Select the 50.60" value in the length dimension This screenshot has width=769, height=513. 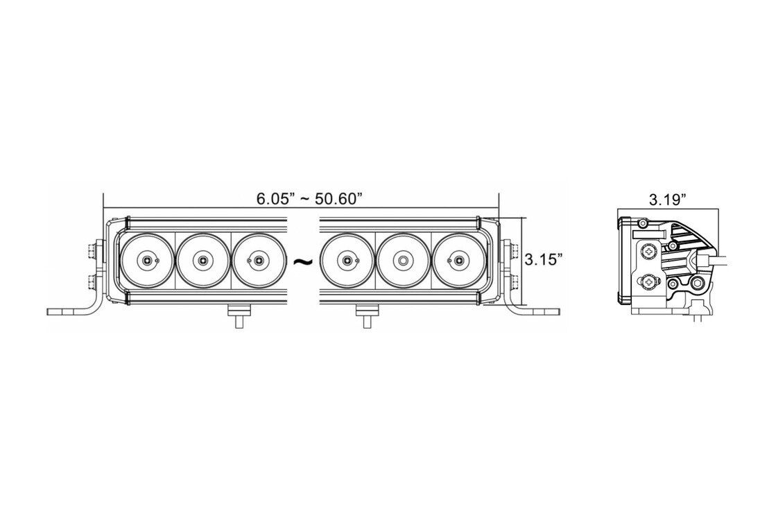click(339, 199)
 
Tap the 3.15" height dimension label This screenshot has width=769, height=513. click(543, 259)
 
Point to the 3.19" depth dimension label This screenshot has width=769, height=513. click(667, 200)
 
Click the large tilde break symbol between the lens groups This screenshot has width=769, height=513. click(302, 261)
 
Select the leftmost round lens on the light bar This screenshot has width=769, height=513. click(146, 260)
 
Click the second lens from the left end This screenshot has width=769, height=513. click(202, 260)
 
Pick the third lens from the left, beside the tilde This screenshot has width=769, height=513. click(258, 260)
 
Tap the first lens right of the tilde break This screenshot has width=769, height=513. click(347, 260)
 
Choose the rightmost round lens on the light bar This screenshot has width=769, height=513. click(458, 260)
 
